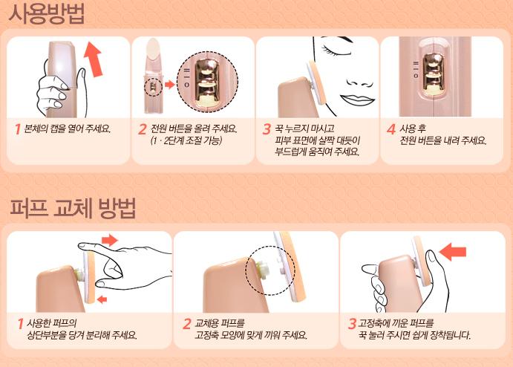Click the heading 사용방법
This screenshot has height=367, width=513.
[x=46, y=14]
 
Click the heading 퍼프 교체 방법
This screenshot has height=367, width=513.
[x=73, y=208]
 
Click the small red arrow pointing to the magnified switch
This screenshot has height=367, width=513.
[x=169, y=85]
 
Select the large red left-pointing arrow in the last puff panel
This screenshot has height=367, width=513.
[x=453, y=252]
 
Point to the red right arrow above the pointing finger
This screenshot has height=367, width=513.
[x=110, y=240]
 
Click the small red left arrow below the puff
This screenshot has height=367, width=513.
[x=102, y=299]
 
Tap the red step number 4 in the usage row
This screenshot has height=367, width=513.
[x=391, y=129]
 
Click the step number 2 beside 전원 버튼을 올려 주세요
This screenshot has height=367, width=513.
[x=142, y=129]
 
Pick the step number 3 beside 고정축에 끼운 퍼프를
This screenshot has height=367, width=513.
[x=352, y=324]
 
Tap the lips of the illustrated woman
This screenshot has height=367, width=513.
[x=356, y=100]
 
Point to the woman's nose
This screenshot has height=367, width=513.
[x=360, y=83]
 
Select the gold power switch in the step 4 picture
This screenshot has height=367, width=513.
[x=434, y=74]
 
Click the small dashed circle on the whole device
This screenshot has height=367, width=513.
[x=154, y=87]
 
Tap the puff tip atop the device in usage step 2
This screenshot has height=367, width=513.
[x=153, y=48]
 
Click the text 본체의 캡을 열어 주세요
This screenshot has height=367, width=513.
[x=68, y=129]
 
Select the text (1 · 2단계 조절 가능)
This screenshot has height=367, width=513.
[x=186, y=140]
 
